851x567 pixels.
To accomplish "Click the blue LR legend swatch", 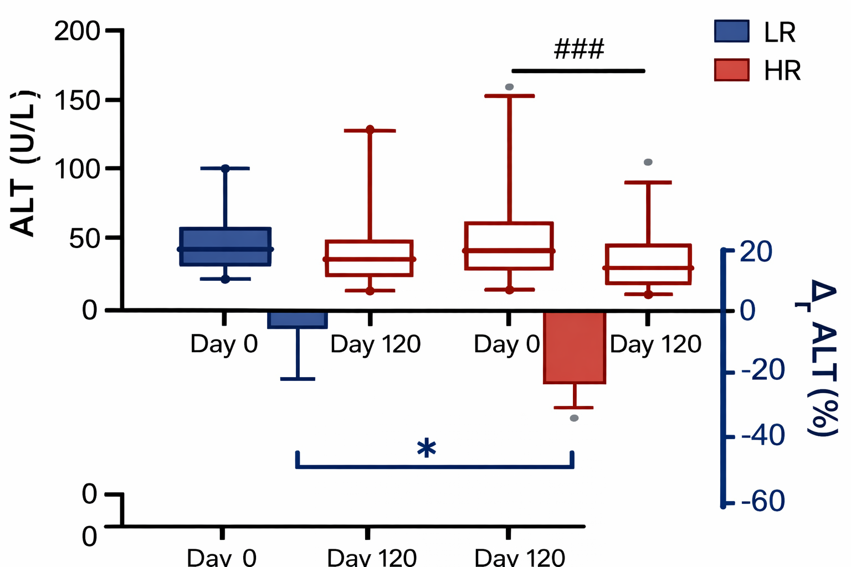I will pyautogui.click(x=731, y=32).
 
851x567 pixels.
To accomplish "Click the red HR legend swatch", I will pyautogui.click(x=731, y=70).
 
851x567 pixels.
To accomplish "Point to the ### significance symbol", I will pyautogui.click(x=579, y=50).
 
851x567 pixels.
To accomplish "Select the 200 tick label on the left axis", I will pyautogui.click(x=76, y=32).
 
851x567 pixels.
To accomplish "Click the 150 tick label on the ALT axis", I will pyautogui.click(x=76, y=100).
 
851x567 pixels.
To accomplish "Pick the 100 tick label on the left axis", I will pyautogui.click(x=76, y=169).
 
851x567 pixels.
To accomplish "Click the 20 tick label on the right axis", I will pyautogui.click(x=756, y=252).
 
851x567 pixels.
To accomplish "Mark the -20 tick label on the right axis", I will pyautogui.click(x=762, y=370).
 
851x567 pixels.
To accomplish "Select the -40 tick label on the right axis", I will pyautogui.click(x=762, y=436).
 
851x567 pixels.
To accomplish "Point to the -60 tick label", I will pyautogui.click(x=762, y=502).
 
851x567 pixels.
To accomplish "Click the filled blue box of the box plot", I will pyautogui.click(x=225, y=246).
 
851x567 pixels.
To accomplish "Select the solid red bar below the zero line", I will pyautogui.click(x=575, y=347).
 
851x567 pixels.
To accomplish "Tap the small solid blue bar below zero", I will pyautogui.click(x=298, y=319).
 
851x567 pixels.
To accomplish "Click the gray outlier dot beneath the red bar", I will pyautogui.click(x=574, y=418).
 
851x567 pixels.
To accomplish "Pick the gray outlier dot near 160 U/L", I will pyautogui.click(x=509, y=87).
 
